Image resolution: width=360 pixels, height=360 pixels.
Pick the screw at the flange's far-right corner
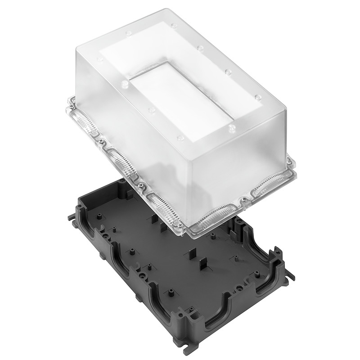click(288, 159)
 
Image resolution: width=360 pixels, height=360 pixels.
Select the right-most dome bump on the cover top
click(257, 97)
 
